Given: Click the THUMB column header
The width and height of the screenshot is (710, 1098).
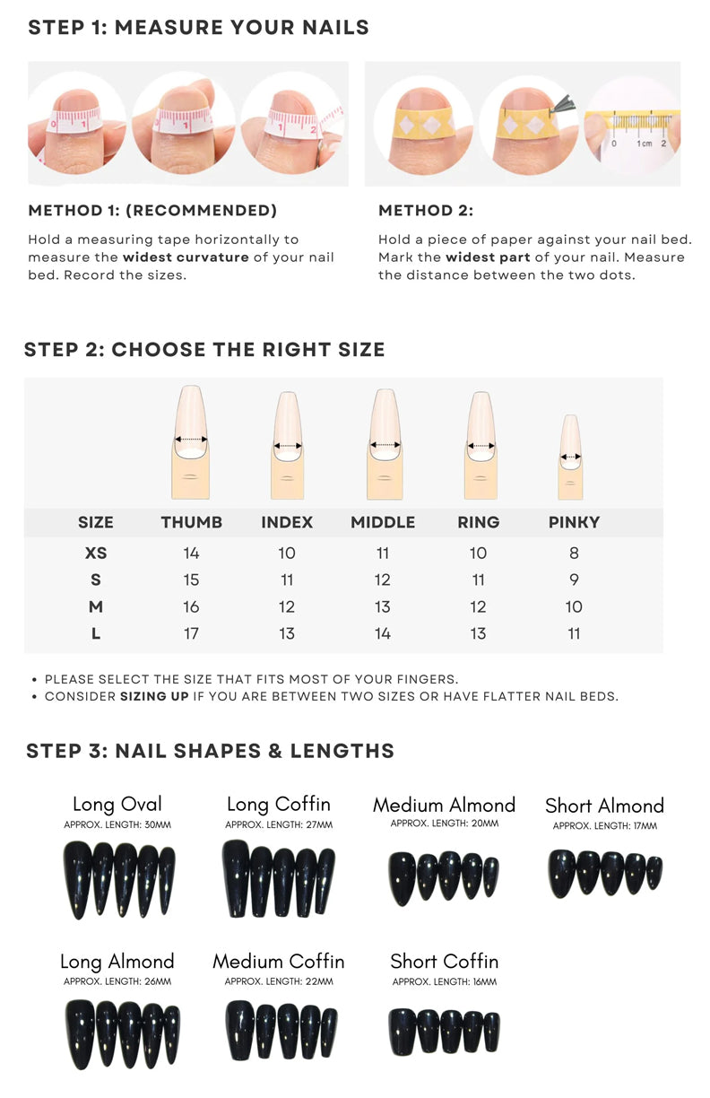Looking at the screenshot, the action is click(x=191, y=522).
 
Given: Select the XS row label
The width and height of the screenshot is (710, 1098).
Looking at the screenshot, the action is click(x=96, y=553).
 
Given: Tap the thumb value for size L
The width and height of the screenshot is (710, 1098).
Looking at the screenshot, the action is click(x=191, y=633).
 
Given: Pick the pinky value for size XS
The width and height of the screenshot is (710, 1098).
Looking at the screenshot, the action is click(x=574, y=553).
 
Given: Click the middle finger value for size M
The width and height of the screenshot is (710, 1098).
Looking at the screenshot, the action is click(x=383, y=606).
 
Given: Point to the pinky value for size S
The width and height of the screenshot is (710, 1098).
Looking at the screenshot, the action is click(x=574, y=579).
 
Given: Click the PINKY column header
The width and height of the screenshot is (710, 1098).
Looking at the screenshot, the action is click(x=574, y=522).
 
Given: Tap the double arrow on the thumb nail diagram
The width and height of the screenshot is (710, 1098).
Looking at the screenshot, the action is click(x=191, y=440).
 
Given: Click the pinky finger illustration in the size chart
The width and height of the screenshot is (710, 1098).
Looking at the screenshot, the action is click(x=570, y=457).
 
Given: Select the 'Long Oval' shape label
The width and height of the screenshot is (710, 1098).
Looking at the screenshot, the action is click(x=117, y=804).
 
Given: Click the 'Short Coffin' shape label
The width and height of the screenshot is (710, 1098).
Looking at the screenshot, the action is click(x=444, y=962).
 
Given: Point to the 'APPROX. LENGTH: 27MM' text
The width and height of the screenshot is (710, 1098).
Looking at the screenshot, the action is click(x=279, y=825).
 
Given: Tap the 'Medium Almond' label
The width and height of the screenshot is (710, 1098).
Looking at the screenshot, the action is click(x=444, y=805).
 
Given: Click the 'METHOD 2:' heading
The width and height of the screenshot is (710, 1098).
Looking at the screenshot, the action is click(x=426, y=210).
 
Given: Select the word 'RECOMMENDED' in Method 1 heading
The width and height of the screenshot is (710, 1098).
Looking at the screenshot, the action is click(x=201, y=210).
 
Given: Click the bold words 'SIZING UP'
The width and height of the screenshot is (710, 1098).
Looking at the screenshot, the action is click(x=154, y=696).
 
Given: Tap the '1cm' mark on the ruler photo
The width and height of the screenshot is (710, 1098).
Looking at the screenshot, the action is click(x=645, y=144).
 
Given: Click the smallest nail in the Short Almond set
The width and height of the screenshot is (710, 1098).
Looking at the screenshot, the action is click(x=654, y=873).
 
